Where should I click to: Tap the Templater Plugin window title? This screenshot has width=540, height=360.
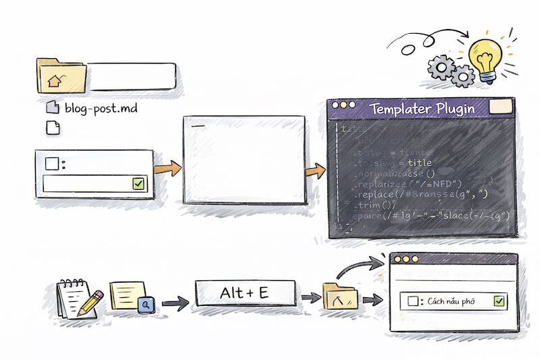pyautogui.click(x=422, y=108)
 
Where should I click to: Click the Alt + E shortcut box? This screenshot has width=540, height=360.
pyautogui.click(x=245, y=292)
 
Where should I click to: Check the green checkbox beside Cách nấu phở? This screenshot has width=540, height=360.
pyautogui.click(x=500, y=301)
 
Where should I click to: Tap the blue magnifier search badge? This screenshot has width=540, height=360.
pyautogui.click(x=146, y=305)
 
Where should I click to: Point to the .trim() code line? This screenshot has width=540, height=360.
pyautogui.click(x=379, y=205)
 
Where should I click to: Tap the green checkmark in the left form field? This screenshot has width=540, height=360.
pyautogui.click(x=138, y=183)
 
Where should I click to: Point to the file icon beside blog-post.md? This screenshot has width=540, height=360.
pyautogui.click(x=53, y=107)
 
